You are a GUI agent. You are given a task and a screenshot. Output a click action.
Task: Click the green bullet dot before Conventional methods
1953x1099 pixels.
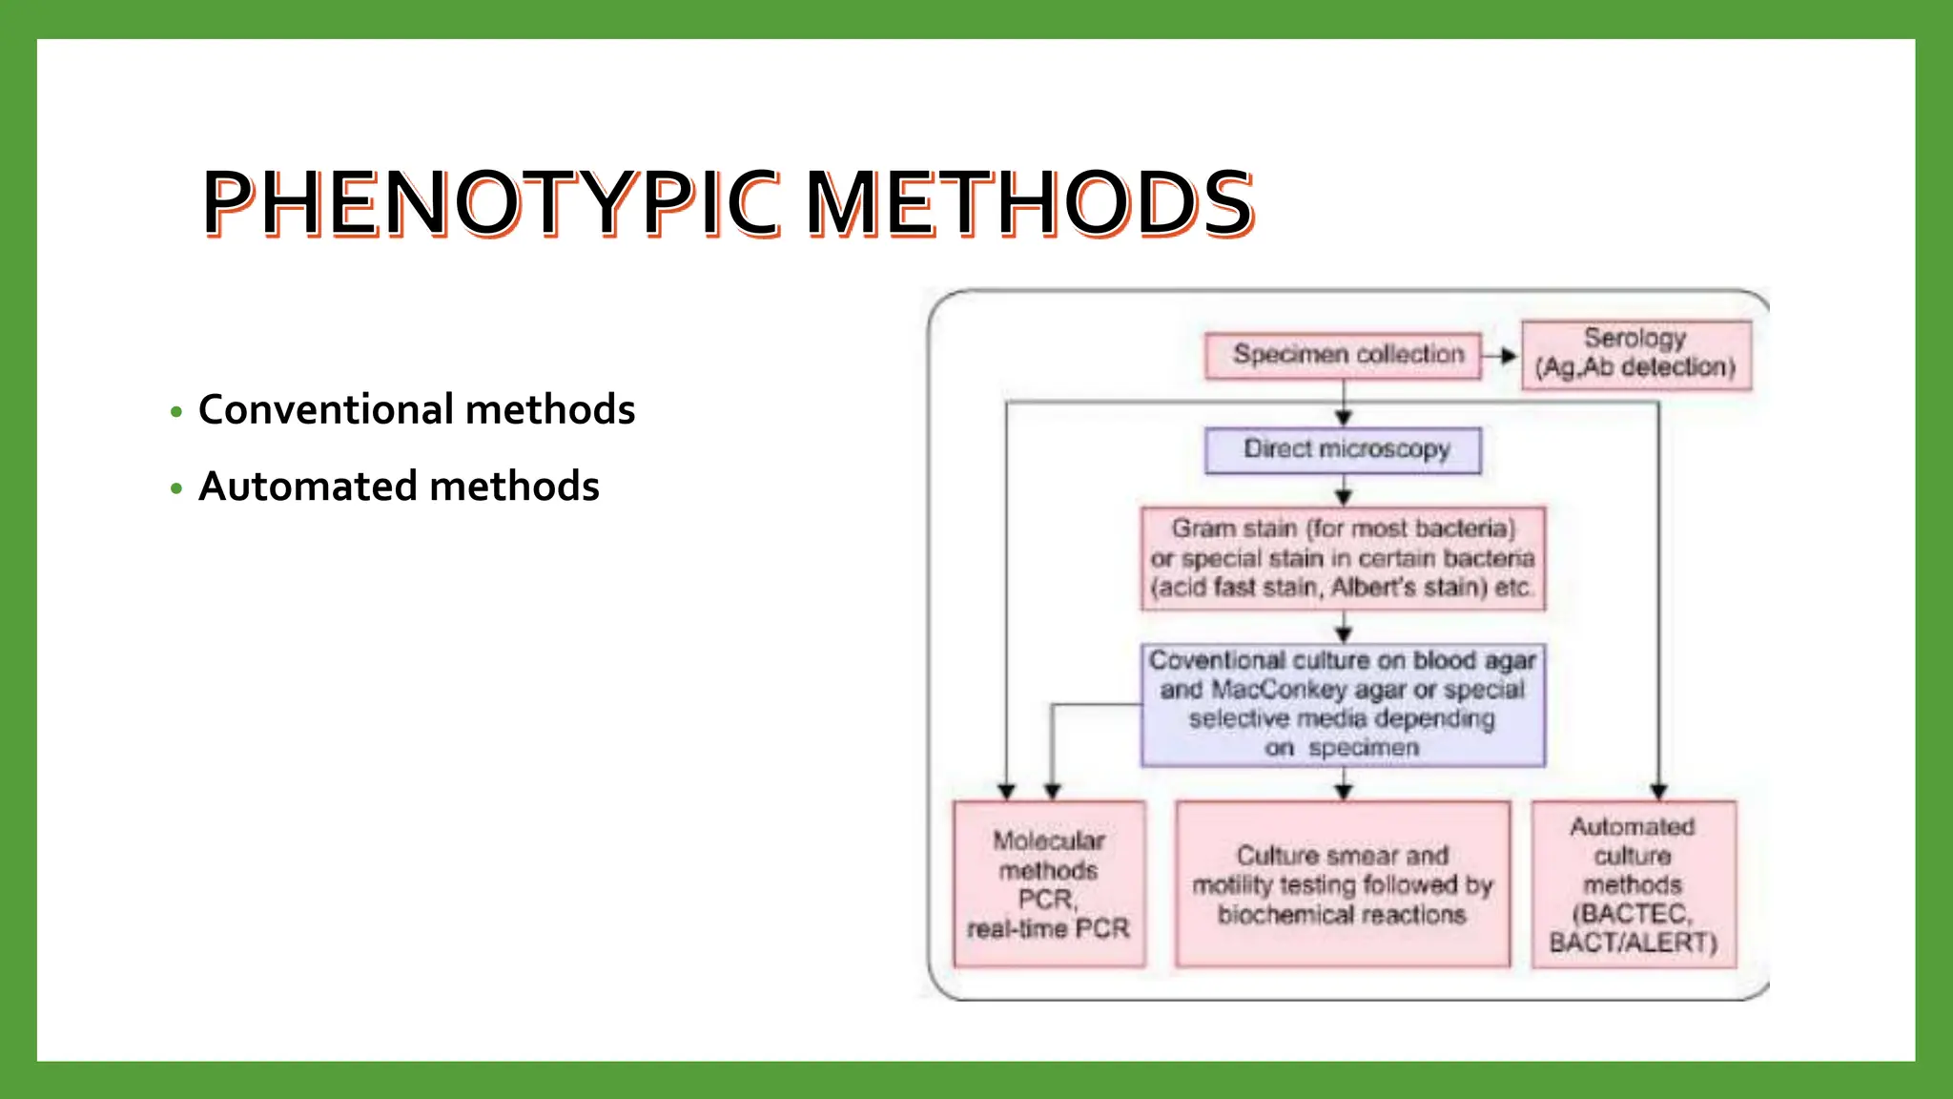[x=175, y=412]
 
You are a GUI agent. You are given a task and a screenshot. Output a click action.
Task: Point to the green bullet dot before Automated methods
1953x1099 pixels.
[x=175, y=488]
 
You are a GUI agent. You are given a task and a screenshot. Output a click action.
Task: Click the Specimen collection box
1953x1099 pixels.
[x=1343, y=355]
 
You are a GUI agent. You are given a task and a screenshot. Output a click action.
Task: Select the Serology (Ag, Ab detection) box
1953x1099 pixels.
[x=1635, y=354]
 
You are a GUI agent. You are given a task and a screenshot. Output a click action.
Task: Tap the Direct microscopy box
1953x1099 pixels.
[x=1343, y=449]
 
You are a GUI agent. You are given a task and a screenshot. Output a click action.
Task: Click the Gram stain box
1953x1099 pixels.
[x=1343, y=558]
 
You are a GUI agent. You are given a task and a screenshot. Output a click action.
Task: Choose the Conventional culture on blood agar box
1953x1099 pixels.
[x=1343, y=704]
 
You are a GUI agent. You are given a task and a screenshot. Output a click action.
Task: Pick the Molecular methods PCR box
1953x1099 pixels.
[x=1049, y=883]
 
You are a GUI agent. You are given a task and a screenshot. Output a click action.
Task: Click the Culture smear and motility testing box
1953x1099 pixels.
[x=1343, y=883]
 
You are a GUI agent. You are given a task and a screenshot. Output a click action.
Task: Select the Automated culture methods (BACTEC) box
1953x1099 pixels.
[x=1634, y=883]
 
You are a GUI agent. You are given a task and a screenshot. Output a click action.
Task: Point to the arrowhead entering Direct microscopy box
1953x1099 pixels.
[x=1344, y=417]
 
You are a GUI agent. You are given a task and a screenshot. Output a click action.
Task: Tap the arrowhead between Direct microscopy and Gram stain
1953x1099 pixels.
[x=1344, y=496]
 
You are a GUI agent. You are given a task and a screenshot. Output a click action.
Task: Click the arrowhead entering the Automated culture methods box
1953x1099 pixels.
[x=1658, y=791]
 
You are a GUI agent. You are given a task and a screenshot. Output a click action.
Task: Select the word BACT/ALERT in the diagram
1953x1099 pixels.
[x=1634, y=943]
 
